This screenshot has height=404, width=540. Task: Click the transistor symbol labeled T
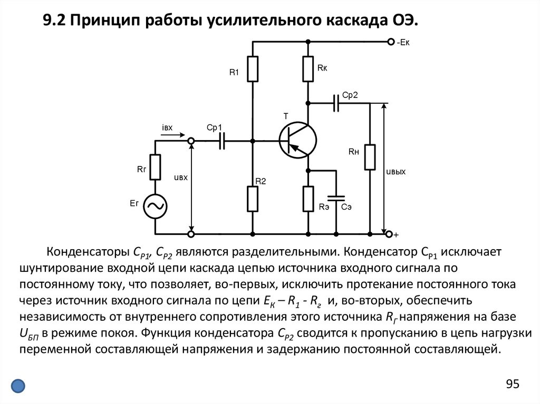pos(298,140)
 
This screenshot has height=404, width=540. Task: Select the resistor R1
pos(253,69)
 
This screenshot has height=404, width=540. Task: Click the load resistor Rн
pos(370,157)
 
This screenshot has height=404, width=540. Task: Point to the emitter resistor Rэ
pos(308,199)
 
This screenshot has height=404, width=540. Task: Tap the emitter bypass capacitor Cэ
pos(335,199)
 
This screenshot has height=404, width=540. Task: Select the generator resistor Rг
pos(156,167)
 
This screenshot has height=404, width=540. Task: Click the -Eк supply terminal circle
pos(390,42)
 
